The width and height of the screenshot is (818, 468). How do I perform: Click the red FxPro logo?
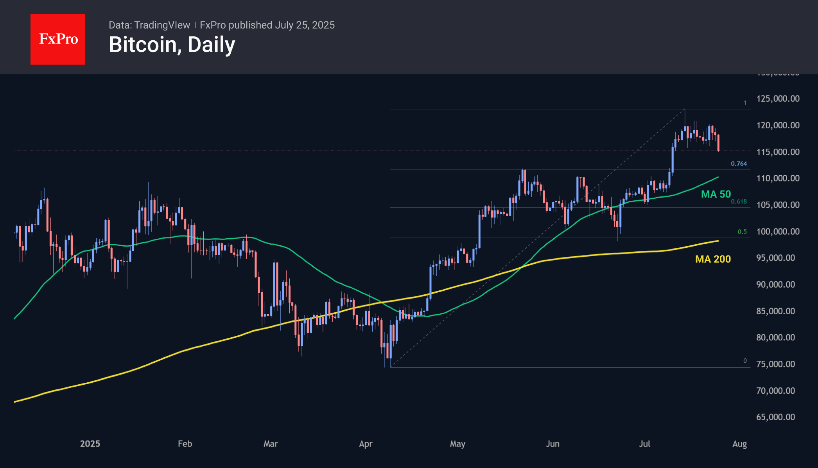coord(58,39)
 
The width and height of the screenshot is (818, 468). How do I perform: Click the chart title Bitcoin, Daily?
coord(172,45)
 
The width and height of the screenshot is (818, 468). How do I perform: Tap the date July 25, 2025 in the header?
coord(305,25)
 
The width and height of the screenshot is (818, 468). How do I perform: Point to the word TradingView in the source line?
coord(162,25)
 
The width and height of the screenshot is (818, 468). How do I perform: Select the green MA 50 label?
coord(716,194)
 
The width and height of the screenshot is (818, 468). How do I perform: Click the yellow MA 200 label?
coord(713,259)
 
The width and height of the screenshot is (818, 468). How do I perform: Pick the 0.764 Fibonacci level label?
coord(739,164)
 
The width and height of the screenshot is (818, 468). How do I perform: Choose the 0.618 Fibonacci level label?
coord(739,202)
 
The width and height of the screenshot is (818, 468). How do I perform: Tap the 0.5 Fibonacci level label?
coord(742,232)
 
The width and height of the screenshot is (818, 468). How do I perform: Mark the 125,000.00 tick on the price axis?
coord(778,99)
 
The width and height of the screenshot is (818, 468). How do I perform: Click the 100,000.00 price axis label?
coord(778,231)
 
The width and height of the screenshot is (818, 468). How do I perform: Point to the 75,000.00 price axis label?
coord(775,364)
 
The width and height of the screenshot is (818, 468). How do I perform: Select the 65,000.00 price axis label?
coord(775,417)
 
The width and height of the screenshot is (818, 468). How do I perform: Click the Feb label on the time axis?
coord(185,444)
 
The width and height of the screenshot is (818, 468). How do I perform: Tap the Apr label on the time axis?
coord(366,444)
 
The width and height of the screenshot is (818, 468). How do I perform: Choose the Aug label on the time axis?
coord(739,444)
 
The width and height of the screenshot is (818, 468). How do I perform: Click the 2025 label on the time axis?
coord(90,444)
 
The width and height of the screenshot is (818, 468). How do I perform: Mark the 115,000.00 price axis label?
coord(778,152)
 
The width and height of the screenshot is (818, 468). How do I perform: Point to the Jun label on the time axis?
coord(553,444)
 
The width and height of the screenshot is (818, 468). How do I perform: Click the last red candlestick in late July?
coord(718,143)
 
